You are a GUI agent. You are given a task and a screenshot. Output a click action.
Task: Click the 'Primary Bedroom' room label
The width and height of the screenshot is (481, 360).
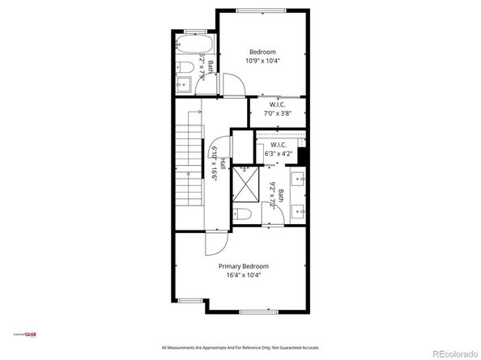click(x=243, y=265)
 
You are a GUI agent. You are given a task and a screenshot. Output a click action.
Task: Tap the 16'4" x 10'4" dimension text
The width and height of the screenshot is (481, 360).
click(x=243, y=275)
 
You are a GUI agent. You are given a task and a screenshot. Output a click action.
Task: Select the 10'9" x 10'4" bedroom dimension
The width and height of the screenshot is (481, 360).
click(x=262, y=61)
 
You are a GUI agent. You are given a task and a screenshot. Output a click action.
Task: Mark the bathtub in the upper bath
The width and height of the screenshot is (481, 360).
click(x=193, y=43)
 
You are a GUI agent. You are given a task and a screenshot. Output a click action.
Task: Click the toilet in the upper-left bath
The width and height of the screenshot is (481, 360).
click(x=183, y=66)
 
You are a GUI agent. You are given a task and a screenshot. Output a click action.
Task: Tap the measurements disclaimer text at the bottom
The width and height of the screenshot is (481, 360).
click(x=240, y=347)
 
